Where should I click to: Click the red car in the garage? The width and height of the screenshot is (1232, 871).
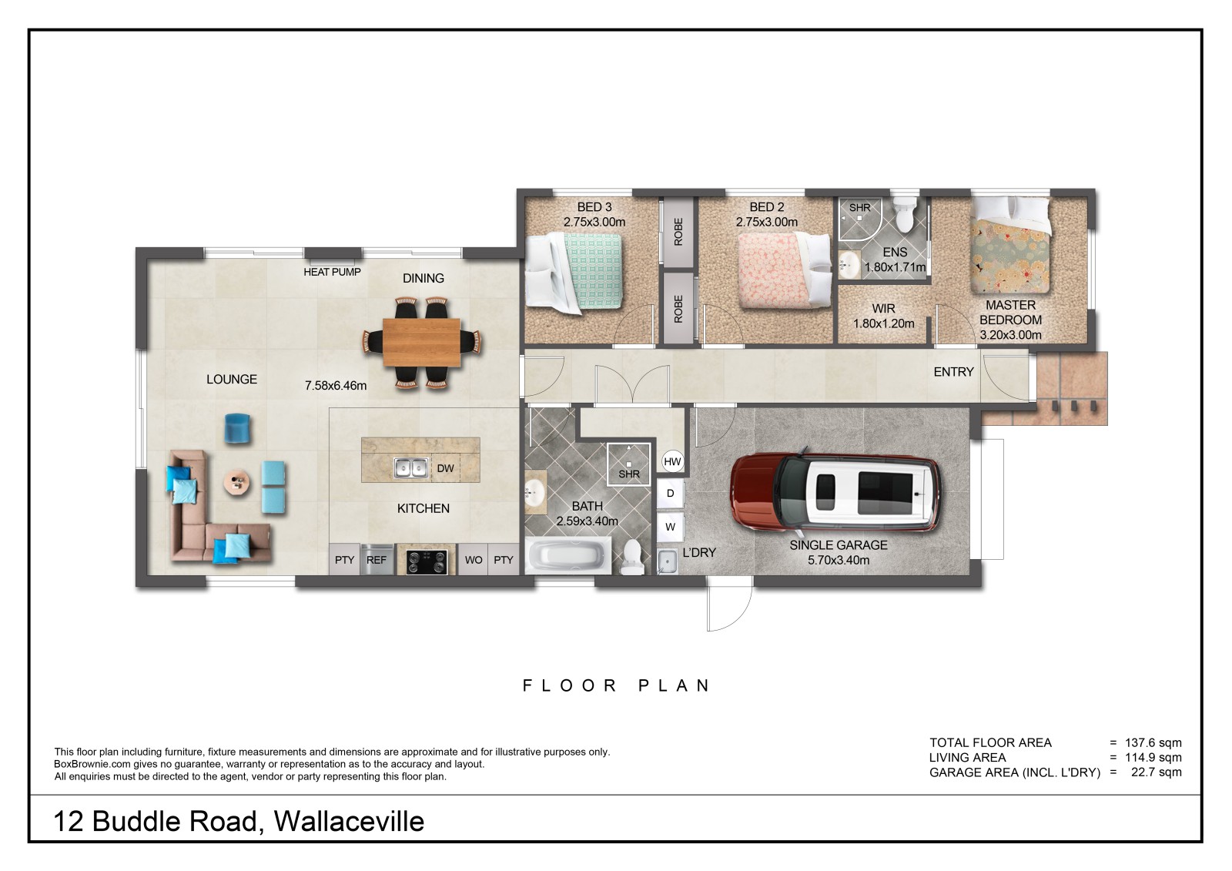coord(835,492)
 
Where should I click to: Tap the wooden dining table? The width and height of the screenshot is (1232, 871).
coord(422,342)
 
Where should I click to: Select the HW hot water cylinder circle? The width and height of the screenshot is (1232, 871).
coord(672,461)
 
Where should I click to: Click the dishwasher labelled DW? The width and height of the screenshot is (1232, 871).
coord(446,468)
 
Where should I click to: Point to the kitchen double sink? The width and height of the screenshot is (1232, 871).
coord(411,467)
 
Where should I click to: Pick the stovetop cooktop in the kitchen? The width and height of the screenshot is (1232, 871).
coord(427,561)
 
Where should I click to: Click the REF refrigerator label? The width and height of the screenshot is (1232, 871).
coord(377,560)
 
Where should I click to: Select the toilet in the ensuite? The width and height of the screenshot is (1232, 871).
coord(904,215)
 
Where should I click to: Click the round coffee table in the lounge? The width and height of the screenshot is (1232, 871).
coord(238,483)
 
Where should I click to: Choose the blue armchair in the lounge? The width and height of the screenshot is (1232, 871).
coord(237,429)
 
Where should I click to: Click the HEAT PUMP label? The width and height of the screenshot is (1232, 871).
coord(332,272)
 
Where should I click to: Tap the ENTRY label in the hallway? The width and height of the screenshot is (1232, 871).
coord(954,372)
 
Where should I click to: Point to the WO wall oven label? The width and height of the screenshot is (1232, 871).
coord(474,560)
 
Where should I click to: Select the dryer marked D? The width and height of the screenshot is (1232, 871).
coord(671,493)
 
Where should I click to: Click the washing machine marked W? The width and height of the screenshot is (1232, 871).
coord(671,527)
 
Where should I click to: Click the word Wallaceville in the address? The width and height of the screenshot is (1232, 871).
coord(350,822)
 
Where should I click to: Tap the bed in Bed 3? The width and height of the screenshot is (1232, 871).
coord(574,272)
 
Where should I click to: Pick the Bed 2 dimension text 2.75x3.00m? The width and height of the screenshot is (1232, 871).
coord(767,223)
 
